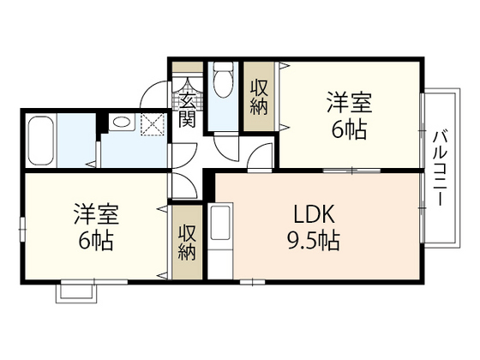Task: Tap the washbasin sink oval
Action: [120, 123]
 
